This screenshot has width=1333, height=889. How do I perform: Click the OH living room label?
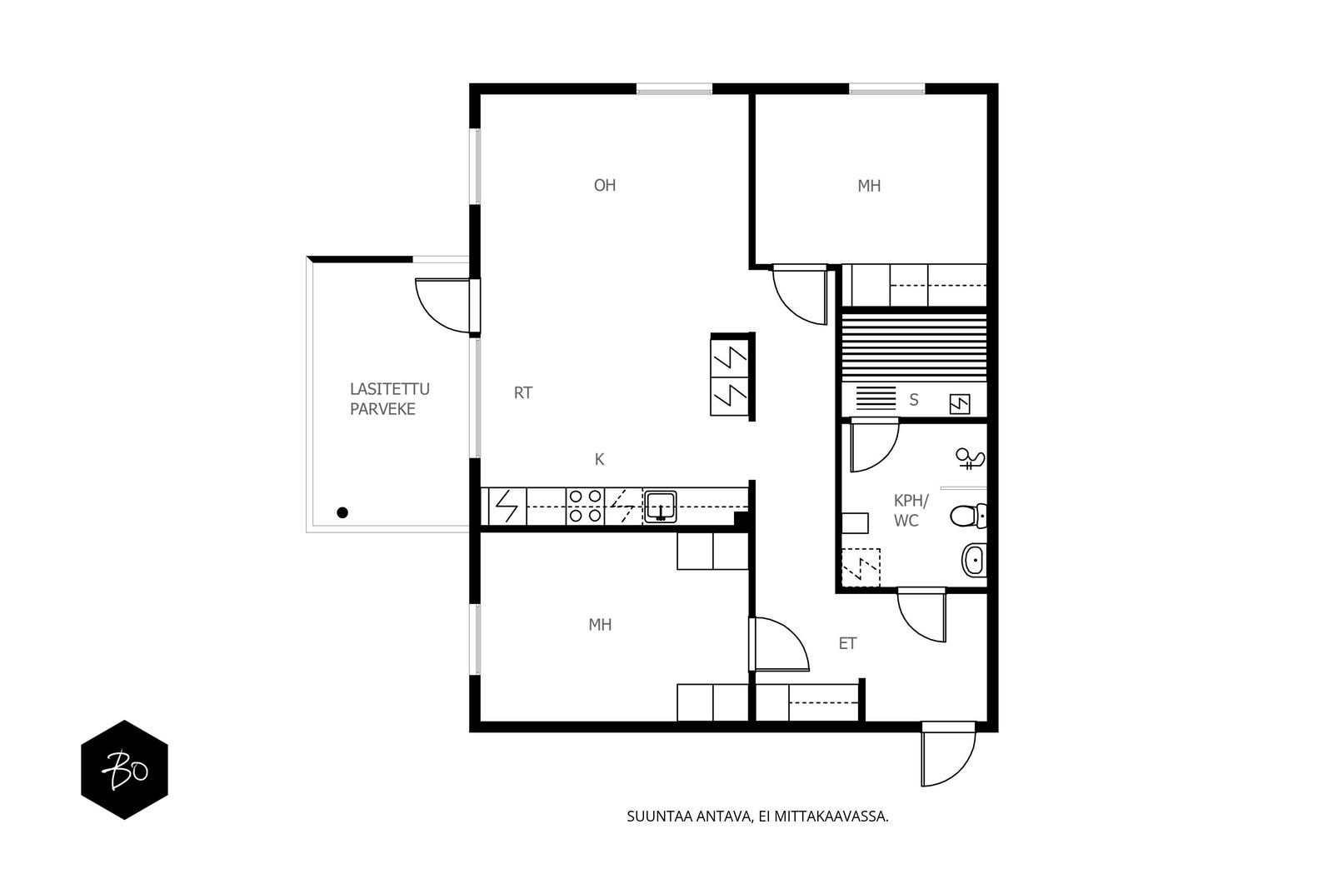[x=605, y=186]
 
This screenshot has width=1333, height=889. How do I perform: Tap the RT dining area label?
[x=523, y=392]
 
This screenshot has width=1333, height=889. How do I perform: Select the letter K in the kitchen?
[x=599, y=459]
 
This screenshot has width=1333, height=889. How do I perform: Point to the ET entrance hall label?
[x=847, y=643]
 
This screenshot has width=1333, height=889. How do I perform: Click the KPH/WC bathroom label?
[x=911, y=511]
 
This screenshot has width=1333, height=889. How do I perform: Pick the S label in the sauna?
[x=914, y=400]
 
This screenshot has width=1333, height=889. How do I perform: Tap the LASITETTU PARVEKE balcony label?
[x=389, y=399]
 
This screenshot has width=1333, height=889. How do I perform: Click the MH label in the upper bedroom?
[x=869, y=187]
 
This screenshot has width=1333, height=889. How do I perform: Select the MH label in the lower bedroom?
[x=600, y=625]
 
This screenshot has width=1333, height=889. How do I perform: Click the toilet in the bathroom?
[x=968, y=515]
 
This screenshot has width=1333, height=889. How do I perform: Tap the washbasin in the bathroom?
[x=974, y=560]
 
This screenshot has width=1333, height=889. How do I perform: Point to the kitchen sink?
[x=660, y=507]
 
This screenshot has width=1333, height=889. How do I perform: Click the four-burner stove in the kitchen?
[x=585, y=507]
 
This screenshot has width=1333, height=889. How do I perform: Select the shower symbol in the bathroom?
[x=970, y=458]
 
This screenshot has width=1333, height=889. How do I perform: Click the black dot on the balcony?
[x=342, y=512]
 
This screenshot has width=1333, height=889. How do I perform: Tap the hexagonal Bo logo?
[x=124, y=769]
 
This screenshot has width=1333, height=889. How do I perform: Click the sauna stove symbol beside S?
[x=959, y=404]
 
